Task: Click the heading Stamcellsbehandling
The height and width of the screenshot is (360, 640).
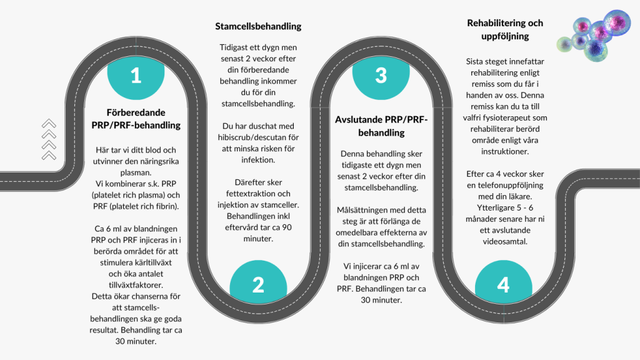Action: coord(258,26)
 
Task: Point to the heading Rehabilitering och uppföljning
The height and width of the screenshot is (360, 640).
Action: coord(505,29)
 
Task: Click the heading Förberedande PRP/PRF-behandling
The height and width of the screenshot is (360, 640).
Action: coord(136,119)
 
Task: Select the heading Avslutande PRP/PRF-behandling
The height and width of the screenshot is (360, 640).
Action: coord(381,126)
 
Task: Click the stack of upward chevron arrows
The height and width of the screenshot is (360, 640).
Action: coord(49,139)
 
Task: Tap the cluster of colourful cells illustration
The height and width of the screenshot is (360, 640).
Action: coord(594,36)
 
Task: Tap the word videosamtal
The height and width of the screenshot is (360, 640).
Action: coord(505,242)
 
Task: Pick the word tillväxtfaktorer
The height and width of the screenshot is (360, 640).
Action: coord(136,285)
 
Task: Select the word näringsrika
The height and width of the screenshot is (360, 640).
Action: coord(159,161)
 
